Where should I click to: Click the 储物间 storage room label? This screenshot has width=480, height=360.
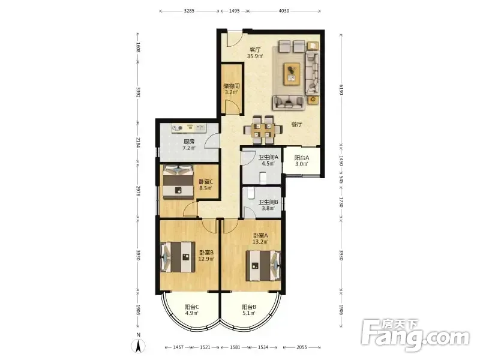pyautogui.click(x=232, y=86)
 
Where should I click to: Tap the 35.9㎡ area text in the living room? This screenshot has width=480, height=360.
pyautogui.click(x=255, y=56)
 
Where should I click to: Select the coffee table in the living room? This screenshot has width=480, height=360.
pyautogui.click(x=292, y=74)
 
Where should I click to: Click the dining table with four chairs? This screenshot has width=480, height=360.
pyautogui.click(x=262, y=130)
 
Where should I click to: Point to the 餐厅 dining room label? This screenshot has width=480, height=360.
pyautogui.click(x=296, y=124)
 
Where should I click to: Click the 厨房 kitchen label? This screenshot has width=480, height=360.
pyautogui.click(x=189, y=142)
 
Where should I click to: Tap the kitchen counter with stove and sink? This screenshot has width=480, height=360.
pyautogui.click(x=189, y=128)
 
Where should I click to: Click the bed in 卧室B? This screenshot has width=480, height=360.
pyautogui.click(x=178, y=257)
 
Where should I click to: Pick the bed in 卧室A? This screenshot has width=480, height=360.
pyautogui.click(x=263, y=266)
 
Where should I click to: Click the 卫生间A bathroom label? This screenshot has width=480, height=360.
pyautogui.click(x=268, y=157)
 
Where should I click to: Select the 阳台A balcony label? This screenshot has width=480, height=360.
pyautogui.click(x=302, y=158)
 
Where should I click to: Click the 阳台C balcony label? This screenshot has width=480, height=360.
pyautogui.click(x=192, y=307)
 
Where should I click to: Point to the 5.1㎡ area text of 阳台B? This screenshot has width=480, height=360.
pyautogui.click(x=248, y=313)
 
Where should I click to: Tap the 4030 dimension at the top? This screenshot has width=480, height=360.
pyautogui.click(x=284, y=11)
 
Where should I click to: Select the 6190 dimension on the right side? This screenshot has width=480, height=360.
pyautogui.click(x=341, y=89)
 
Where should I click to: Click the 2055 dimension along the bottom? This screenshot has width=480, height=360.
pyautogui.click(x=302, y=347)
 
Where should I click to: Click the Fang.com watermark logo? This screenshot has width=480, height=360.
pyautogui.click(x=415, y=335)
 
